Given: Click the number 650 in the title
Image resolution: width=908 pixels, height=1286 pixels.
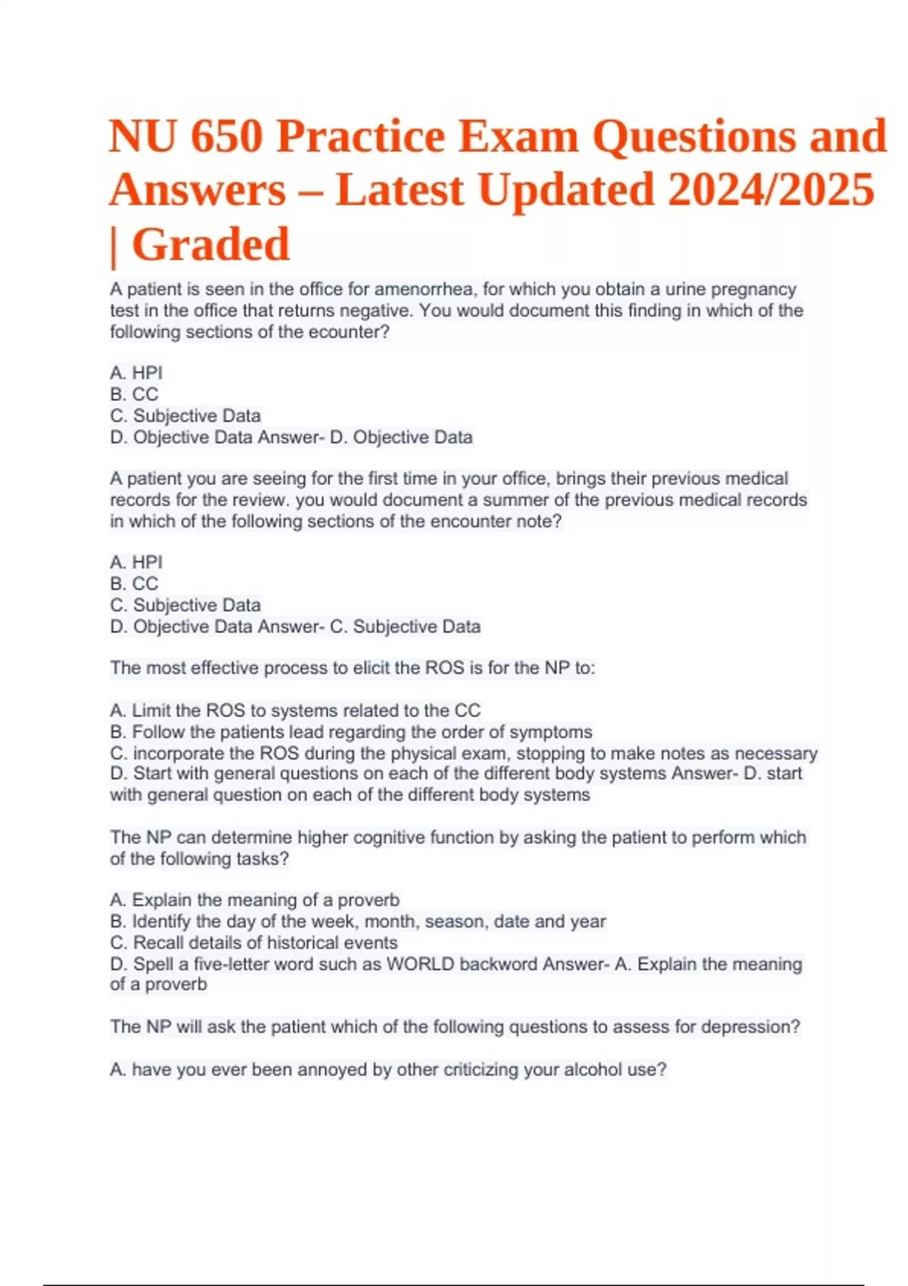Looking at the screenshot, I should (226, 138).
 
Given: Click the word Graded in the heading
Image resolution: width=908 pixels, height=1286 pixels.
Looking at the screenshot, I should (210, 245).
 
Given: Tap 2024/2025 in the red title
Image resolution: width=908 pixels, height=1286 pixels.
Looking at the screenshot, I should (771, 190).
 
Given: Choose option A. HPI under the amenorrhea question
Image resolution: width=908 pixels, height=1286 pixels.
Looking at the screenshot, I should (136, 373).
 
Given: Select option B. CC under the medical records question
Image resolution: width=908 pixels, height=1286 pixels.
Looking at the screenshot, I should (134, 583).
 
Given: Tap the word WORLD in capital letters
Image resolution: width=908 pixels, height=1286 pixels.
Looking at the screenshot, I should (420, 964).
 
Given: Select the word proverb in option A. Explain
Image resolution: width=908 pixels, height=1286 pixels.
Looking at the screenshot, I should (368, 899).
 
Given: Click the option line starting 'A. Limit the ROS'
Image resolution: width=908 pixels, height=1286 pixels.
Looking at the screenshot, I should (295, 710).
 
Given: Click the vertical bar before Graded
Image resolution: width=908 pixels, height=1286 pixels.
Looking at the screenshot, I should (114, 247).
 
